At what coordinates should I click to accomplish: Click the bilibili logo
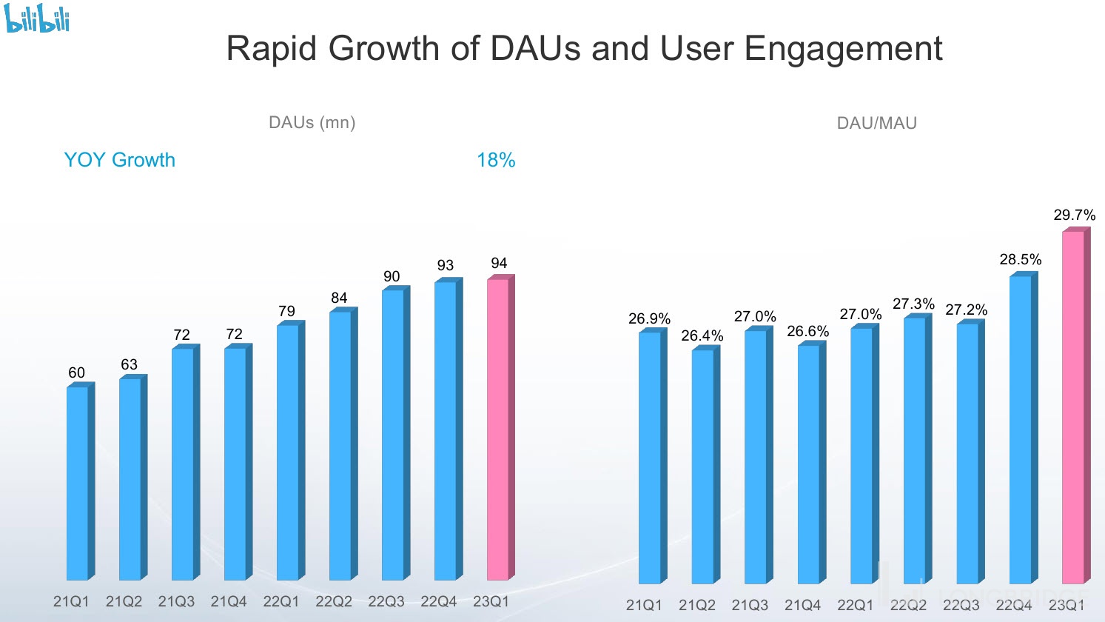coord(38,18)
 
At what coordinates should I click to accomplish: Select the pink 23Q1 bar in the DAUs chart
coord(498,429)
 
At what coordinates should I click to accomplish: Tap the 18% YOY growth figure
coord(496,160)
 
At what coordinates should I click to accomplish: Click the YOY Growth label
coord(120,160)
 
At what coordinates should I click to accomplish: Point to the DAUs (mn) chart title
coord(312,122)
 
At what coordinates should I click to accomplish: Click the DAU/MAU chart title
coord(876,124)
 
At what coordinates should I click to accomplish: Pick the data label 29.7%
coord(1074,215)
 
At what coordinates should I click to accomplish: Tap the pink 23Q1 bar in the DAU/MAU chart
coord(1073,407)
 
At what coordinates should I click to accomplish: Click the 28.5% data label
coord(1020,259)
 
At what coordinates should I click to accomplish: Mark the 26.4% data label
coord(702,335)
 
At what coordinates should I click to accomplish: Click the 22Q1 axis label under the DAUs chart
coord(281,601)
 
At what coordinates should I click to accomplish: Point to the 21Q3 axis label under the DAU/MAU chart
coord(750,605)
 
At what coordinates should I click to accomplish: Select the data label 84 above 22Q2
coord(339,298)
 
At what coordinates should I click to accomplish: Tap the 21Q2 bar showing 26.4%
coord(702,466)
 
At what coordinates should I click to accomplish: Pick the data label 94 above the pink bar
coord(499,263)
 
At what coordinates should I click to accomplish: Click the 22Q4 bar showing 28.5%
coord(1020,429)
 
